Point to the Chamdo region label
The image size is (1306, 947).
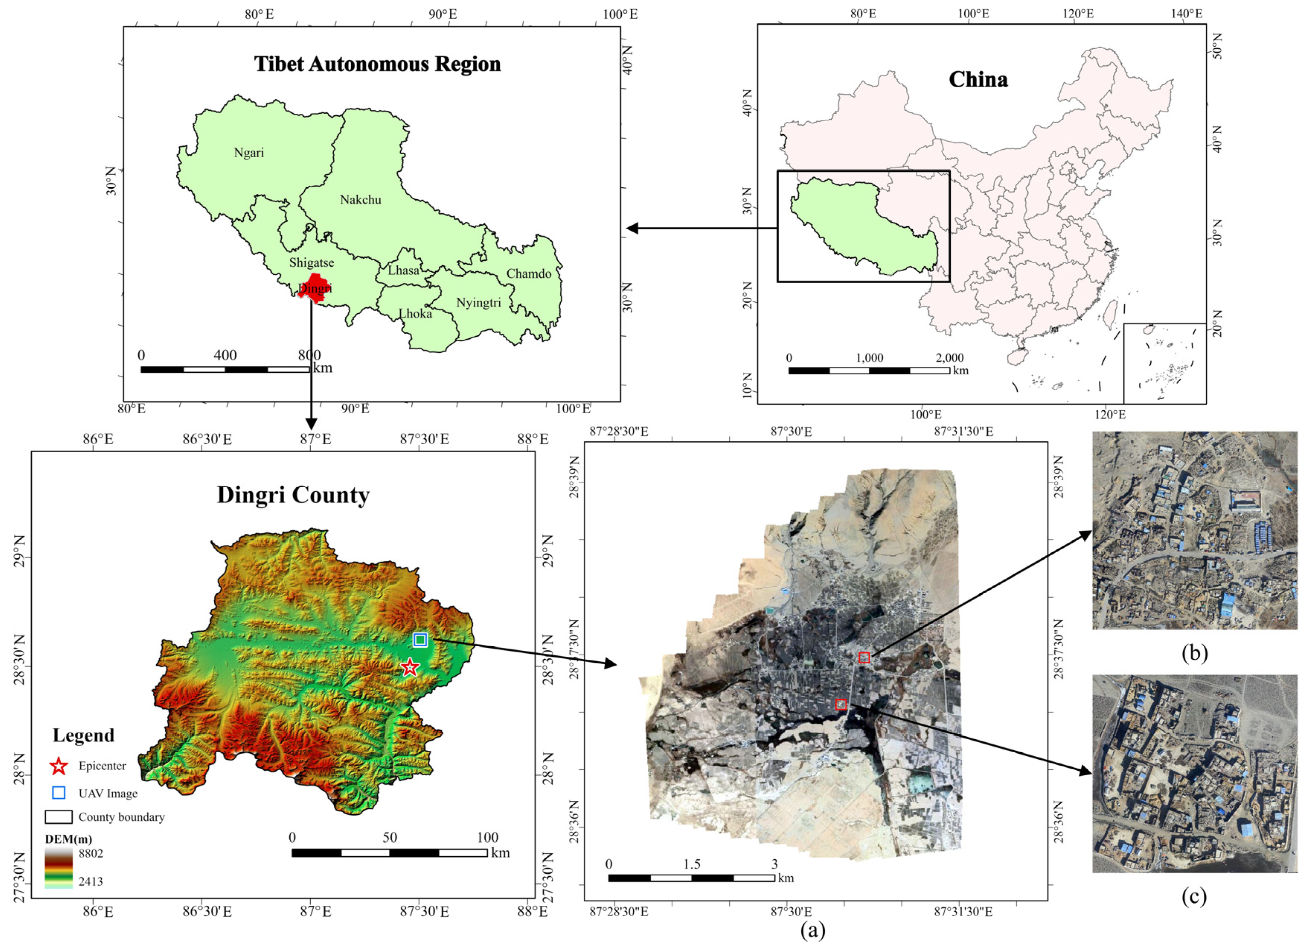pyautogui.click(x=529, y=274)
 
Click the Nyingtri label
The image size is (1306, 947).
pyautogui.click(x=478, y=303)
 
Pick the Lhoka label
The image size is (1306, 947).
pyautogui.click(x=415, y=314)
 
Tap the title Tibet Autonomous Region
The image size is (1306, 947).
pyautogui.click(x=377, y=64)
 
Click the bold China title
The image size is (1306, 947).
pyautogui.click(x=978, y=80)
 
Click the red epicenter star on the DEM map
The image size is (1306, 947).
pyautogui.click(x=409, y=668)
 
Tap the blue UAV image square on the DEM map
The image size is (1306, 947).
pyautogui.click(x=420, y=640)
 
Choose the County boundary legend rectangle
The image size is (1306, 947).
pyautogui.click(x=59, y=817)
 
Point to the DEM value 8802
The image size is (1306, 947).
pyautogui.click(x=91, y=854)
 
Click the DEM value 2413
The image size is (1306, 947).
pyautogui.click(x=91, y=882)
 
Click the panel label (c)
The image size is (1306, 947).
pyautogui.click(x=1194, y=897)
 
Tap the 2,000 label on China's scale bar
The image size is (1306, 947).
pyautogui.click(x=950, y=358)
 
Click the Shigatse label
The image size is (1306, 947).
pyautogui.click(x=311, y=263)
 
